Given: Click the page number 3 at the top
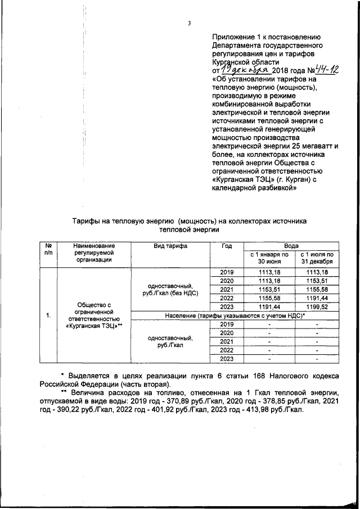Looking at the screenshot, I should click(189, 23).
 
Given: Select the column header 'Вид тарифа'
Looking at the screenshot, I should click(170, 246).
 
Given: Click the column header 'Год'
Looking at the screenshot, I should click(226, 246).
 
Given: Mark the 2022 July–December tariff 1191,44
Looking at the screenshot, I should click(317, 298).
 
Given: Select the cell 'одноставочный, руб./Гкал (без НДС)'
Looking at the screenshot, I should click(170, 290).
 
